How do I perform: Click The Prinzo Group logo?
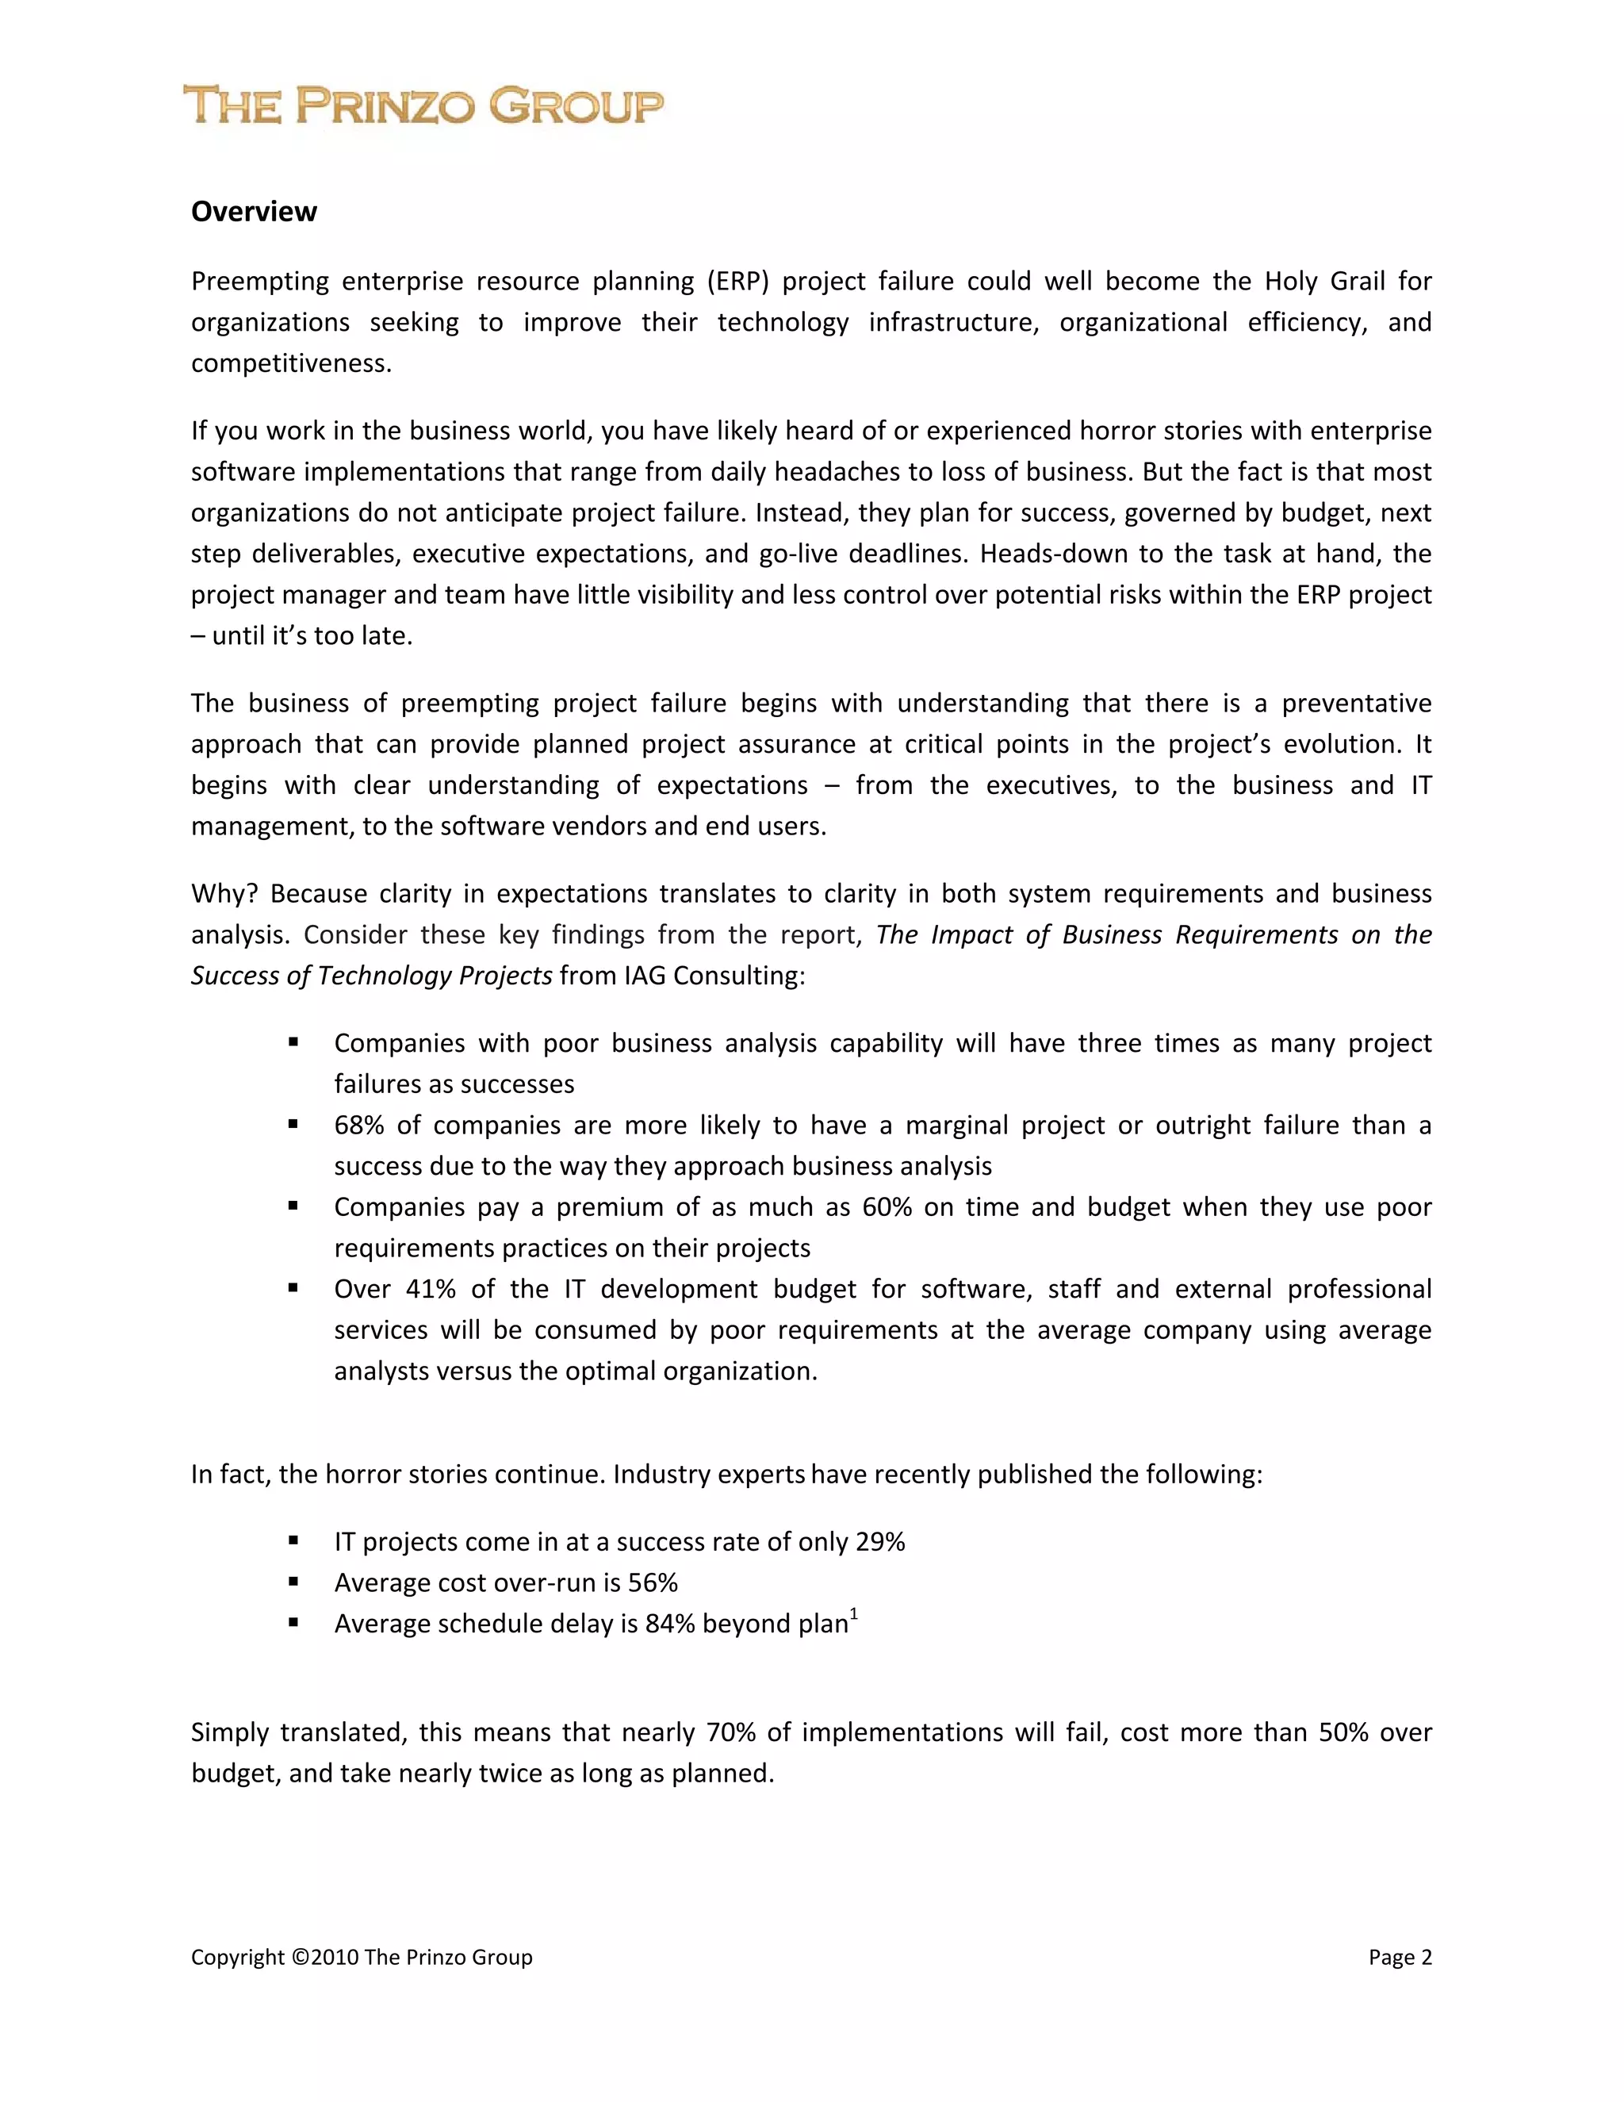coord(423,105)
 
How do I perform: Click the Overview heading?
coord(254,212)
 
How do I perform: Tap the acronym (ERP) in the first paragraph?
coord(738,281)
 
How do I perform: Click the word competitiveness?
coord(290,364)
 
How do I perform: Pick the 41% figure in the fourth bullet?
coord(430,1289)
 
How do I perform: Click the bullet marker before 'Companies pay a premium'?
coord(293,1206)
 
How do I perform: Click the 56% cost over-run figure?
coord(653,1583)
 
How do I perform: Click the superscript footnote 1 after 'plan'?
coord(854,1614)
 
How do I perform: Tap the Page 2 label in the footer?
coord(1400,1958)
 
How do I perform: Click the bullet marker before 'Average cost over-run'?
coord(293,1582)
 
